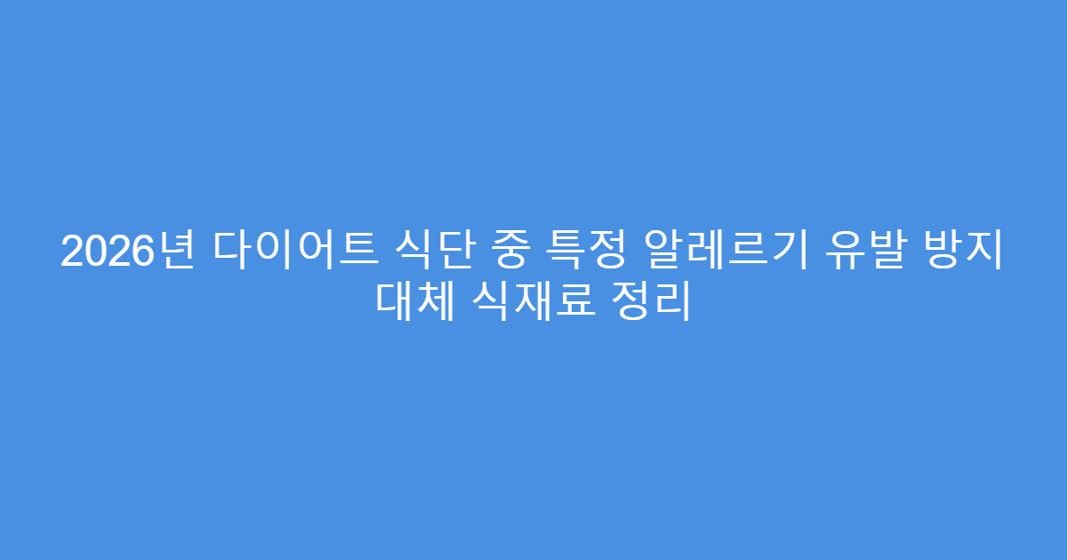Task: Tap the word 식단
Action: (437, 252)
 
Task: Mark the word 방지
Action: (969, 252)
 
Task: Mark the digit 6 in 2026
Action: (140, 252)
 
